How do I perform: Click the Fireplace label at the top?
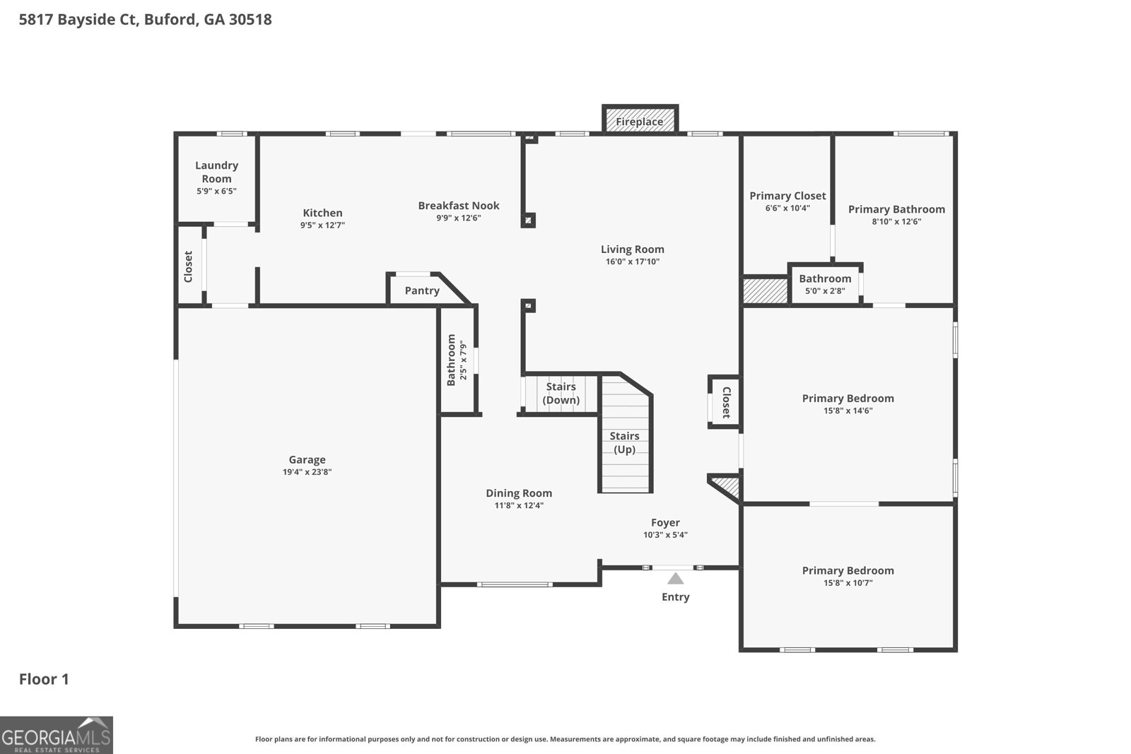(639, 122)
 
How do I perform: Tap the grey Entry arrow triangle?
(676, 578)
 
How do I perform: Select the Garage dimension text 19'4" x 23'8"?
(307, 472)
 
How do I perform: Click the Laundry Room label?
(216, 172)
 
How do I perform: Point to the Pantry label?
(422, 290)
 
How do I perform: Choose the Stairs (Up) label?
(625, 442)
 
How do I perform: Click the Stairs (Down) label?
(561, 393)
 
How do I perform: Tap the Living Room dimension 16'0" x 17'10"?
(633, 261)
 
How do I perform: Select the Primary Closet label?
(787, 196)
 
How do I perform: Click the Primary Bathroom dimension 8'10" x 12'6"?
(897, 221)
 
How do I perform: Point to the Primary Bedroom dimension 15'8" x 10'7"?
(848, 582)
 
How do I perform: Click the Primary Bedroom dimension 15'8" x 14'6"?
(848, 411)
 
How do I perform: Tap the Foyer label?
(665, 523)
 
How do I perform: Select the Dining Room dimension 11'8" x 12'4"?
(519, 505)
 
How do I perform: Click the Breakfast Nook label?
(459, 206)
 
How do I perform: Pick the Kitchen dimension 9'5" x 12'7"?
(322, 225)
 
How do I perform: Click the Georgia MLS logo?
(57, 736)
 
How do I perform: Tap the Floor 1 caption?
(44, 679)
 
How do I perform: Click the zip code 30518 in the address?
(250, 19)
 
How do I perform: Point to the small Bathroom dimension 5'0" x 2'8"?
(825, 290)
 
